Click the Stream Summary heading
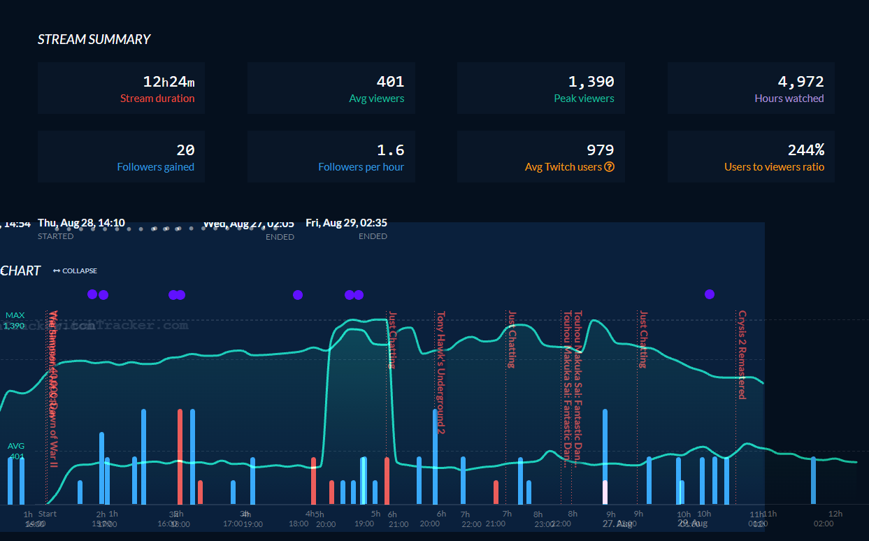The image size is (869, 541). point(94,40)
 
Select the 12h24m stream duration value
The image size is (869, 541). point(168,82)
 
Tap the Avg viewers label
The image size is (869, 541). point(376,99)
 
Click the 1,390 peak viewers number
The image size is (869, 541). point(591,82)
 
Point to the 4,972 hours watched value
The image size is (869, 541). point(800,82)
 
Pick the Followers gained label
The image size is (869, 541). point(155,167)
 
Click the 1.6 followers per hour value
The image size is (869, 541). point(390,150)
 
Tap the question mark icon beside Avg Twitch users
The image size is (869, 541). point(609,167)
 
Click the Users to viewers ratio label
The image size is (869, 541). point(774,167)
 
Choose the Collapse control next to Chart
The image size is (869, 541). point(75,270)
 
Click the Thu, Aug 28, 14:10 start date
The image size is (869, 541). point(81,223)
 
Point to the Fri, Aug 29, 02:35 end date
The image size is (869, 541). point(346,223)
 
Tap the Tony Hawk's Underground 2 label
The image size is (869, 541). point(440,372)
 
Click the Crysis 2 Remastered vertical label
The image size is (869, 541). point(742,354)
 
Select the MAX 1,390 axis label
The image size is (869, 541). point(15,321)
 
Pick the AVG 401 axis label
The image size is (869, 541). point(15,451)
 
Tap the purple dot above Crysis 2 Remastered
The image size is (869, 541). point(710,294)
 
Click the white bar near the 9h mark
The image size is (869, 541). point(605,492)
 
